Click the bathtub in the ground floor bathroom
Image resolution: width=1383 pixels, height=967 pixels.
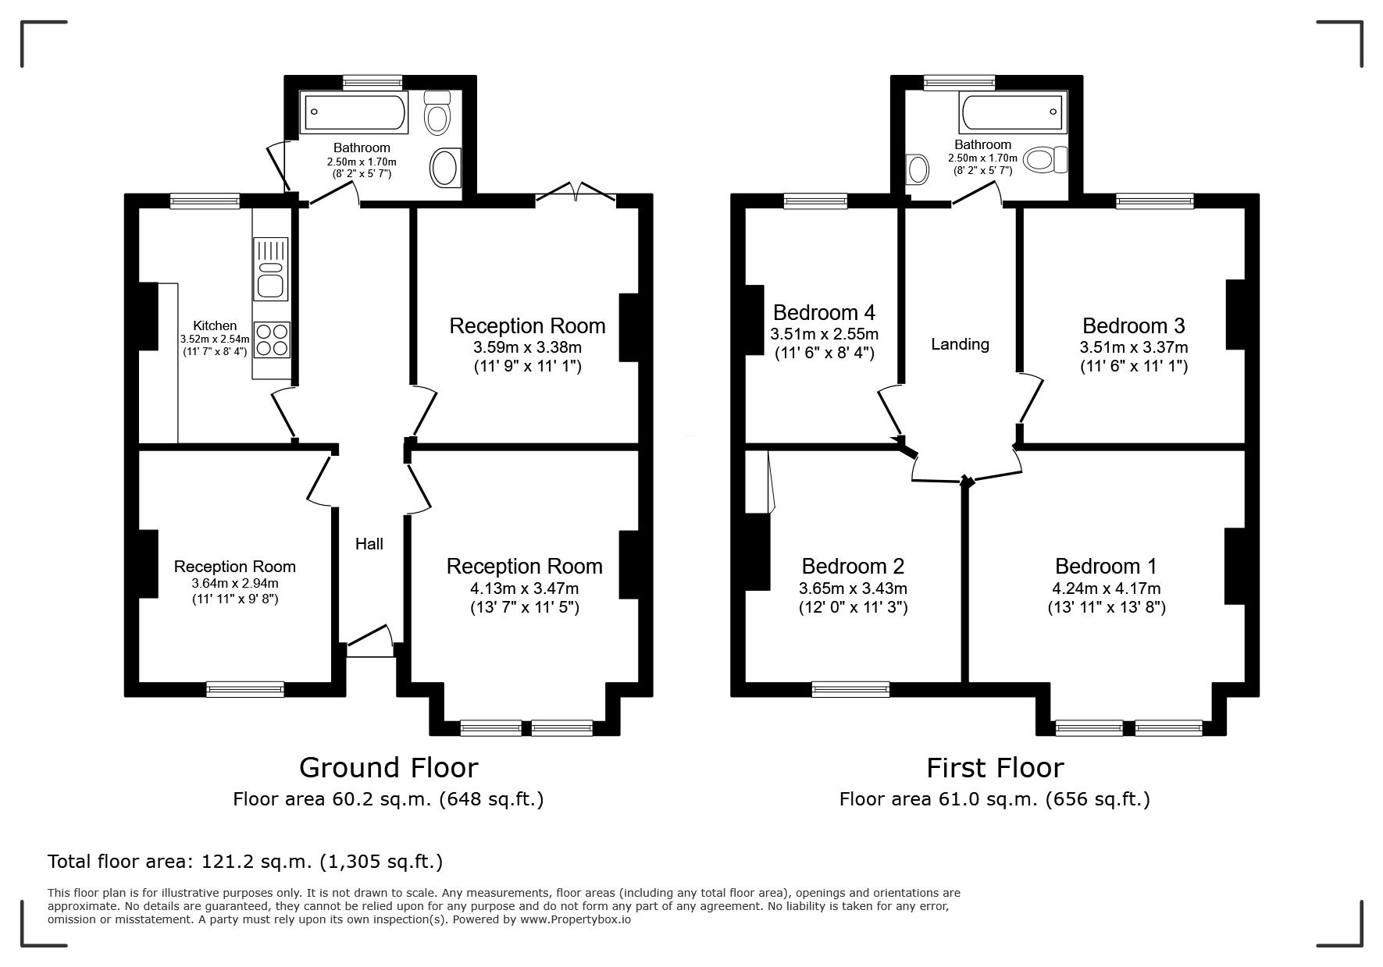(355, 112)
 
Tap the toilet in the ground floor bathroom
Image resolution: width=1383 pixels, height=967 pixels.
(437, 113)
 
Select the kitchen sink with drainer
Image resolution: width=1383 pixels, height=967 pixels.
(271, 269)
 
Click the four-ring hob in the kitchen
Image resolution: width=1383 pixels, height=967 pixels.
(271, 340)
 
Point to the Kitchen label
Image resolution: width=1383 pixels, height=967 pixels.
(215, 325)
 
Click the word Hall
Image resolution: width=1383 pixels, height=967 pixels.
(369, 544)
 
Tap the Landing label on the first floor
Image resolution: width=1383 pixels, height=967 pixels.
(960, 344)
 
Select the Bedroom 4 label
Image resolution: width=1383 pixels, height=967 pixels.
(824, 313)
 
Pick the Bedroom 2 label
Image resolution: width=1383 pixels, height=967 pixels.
(853, 566)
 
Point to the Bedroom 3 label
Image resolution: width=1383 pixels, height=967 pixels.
(1133, 325)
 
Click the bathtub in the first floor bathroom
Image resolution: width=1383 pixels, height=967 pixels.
(1011, 114)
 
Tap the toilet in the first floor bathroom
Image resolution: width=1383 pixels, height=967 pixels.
(1046, 160)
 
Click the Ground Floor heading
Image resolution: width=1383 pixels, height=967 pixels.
(388, 768)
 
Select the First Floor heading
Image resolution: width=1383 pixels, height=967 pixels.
(995, 768)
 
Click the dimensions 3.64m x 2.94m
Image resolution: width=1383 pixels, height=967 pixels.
(235, 583)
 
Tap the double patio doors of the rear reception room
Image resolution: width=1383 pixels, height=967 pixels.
(576, 194)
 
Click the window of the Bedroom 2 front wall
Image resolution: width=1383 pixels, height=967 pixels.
(850, 688)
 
